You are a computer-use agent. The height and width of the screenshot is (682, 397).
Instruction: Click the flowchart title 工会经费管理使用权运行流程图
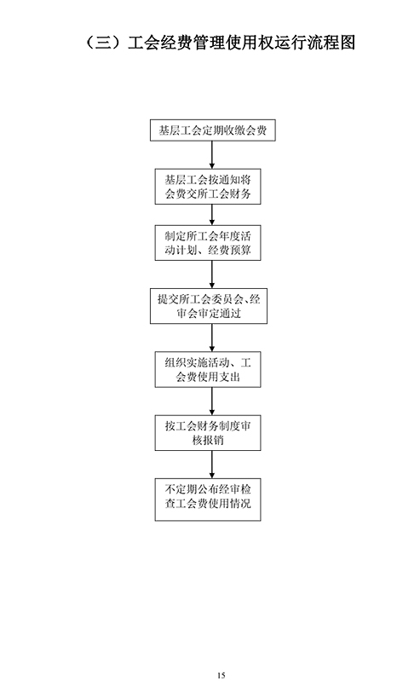click(242, 43)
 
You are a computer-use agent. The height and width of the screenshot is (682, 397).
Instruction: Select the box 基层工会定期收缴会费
click(213, 130)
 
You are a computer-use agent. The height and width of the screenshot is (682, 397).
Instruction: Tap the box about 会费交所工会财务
click(208, 187)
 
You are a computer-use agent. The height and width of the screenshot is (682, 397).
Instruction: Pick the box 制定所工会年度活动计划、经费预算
click(208, 243)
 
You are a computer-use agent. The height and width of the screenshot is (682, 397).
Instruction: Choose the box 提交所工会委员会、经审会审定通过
click(209, 306)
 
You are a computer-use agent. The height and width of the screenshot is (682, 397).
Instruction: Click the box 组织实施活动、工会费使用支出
click(208, 370)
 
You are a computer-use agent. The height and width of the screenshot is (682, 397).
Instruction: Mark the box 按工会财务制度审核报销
click(208, 433)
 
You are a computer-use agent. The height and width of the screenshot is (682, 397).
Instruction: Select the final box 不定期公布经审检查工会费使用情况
click(208, 500)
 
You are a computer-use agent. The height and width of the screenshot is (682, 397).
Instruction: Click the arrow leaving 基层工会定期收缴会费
click(212, 155)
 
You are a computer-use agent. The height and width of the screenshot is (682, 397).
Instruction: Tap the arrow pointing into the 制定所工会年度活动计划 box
click(212, 215)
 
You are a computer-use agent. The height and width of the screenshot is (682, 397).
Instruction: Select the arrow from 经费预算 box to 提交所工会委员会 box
click(212, 275)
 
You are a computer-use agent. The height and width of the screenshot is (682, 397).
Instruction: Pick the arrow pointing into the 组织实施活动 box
click(212, 338)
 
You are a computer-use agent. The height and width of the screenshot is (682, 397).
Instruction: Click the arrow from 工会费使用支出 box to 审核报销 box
click(212, 401)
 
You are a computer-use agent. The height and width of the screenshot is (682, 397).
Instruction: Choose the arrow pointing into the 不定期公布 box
click(212, 465)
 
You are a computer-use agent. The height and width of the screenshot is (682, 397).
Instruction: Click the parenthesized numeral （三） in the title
click(103, 43)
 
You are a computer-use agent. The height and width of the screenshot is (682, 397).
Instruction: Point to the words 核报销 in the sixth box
click(208, 440)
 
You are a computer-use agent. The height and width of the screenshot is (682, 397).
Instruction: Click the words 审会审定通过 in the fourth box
click(209, 314)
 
